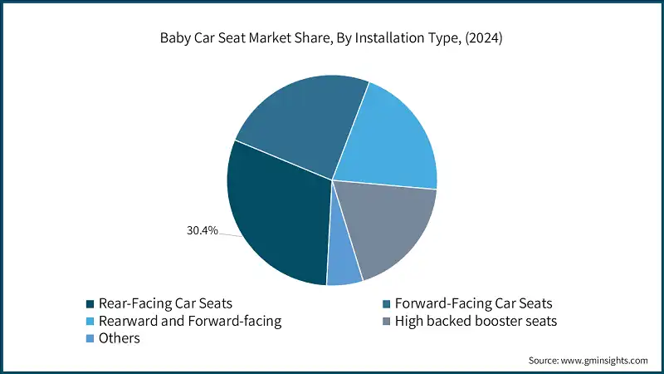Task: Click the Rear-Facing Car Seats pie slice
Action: pos(274,216)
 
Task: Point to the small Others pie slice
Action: pos(344,266)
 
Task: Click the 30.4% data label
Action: pos(203,230)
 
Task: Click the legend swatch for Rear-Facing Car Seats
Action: pos(90,303)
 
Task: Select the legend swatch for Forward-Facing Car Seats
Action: pos(386,303)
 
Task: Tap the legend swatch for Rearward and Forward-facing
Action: pos(90,321)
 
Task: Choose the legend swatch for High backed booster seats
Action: pos(386,321)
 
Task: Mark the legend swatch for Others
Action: pos(90,338)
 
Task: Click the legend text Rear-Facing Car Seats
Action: pos(164,303)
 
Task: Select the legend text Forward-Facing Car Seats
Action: pos(473,303)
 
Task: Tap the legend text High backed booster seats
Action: pos(476,321)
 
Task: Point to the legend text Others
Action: pos(120,338)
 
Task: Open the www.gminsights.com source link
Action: pos(605,361)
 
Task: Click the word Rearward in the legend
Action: pos(127,321)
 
